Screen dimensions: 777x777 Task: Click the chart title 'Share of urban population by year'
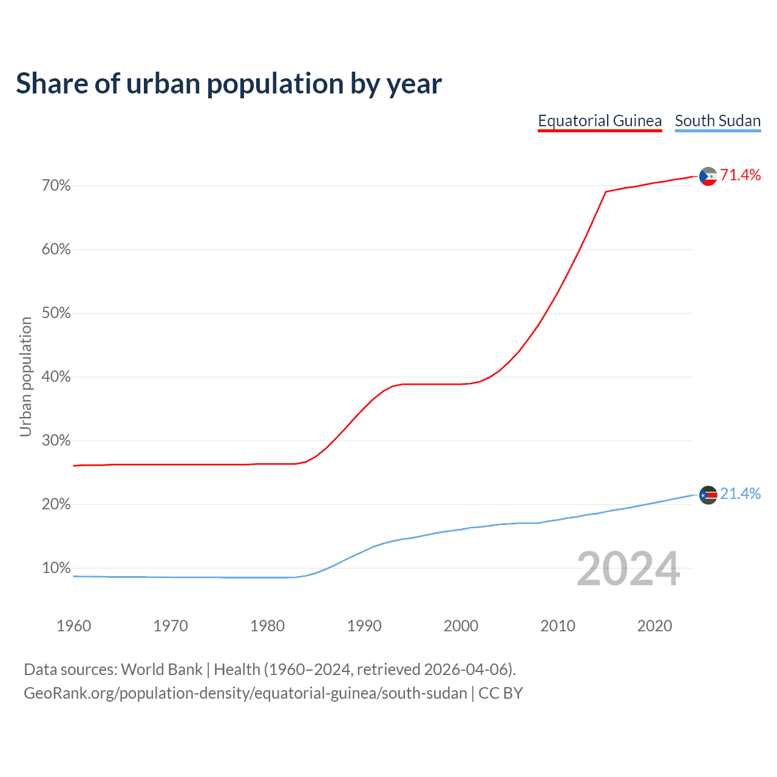coord(229,84)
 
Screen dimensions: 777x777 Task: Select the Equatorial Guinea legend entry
coord(600,121)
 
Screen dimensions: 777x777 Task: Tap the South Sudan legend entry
coord(718,121)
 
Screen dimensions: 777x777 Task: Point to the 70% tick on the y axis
coord(56,186)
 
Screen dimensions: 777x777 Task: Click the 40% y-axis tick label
coord(56,377)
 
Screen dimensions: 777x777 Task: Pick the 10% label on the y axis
coord(56,568)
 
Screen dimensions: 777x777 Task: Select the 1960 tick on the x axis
coord(73,626)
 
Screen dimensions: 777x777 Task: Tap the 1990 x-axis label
coord(364,626)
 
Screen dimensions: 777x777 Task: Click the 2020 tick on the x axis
coord(654,626)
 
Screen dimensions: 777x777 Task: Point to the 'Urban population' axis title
coord(25,376)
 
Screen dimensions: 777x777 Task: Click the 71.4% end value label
coord(740,175)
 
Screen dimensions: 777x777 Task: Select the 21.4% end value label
coord(740,494)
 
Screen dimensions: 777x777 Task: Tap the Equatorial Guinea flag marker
coord(708,176)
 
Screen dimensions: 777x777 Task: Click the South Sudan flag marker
coord(708,495)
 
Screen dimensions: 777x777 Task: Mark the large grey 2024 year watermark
coord(628,569)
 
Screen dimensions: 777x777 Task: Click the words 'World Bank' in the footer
coord(161,670)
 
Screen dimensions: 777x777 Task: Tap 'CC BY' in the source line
coord(500,693)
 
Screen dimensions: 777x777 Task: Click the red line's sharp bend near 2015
coord(606,192)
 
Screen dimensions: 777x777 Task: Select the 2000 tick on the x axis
coord(461,626)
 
